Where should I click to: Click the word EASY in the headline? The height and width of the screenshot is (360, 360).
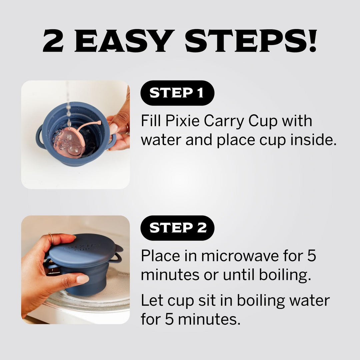pyautogui.click(x=124, y=41)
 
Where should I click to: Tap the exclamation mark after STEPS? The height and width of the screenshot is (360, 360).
pyautogui.click(x=312, y=41)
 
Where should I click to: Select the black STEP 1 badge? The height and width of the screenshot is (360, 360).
pyautogui.click(x=177, y=93)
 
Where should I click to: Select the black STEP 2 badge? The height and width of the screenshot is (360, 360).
pyautogui.click(x=177, y=228)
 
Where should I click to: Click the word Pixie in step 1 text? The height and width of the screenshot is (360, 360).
pyautogui.click(x=182, y=121)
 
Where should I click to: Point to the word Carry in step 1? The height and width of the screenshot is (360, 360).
pyautogui.click(x=224, y=121)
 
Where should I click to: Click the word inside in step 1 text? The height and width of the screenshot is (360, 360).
pyautogui.click(x=313, y=140)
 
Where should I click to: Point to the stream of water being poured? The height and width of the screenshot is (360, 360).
pyautogui.click(x=68, y=106)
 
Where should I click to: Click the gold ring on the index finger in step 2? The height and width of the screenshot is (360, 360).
pyautogui.click(x=51, y=239)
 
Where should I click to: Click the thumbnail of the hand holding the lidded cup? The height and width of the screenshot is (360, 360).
pyautogui.click(x=76, y=270)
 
